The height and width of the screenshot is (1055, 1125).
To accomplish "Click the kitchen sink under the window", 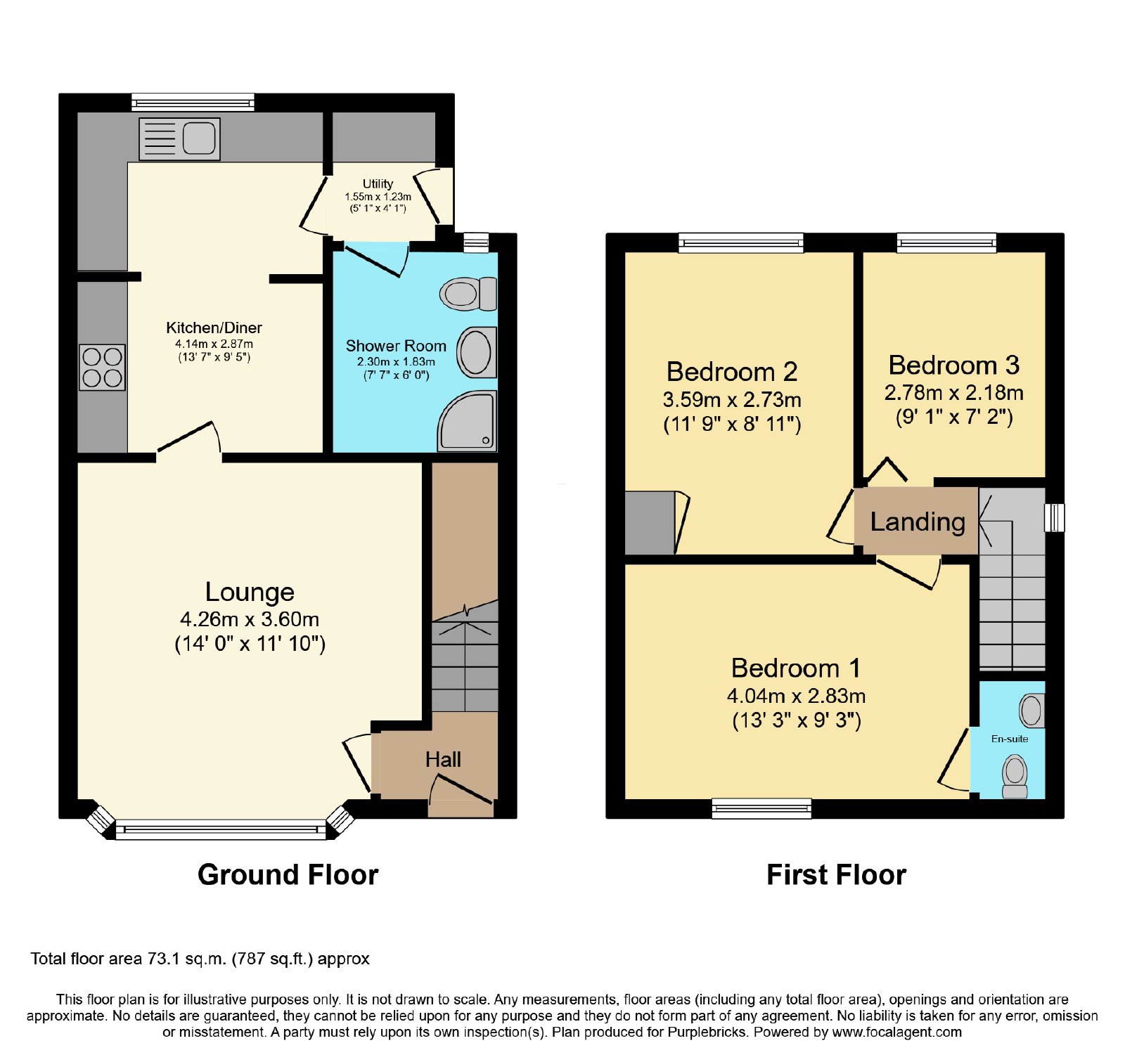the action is tap(179, 138).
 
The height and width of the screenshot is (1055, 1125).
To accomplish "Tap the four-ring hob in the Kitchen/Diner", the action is tap(102, 368).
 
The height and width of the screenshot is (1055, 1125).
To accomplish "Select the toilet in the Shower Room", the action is tap(468, 294).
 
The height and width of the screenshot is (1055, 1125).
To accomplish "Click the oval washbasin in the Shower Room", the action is tap(477, 352).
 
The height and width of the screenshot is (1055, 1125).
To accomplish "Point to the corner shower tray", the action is tap(467, 420).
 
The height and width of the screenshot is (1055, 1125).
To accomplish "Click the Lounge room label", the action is tap(250, 593).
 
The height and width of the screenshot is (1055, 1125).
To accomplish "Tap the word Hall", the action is tap(443, 759).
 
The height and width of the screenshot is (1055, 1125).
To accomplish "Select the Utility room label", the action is tap(378, 184).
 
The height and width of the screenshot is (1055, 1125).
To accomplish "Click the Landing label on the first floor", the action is tap(918, 522).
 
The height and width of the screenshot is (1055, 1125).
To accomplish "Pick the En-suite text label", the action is tap(1010, 739).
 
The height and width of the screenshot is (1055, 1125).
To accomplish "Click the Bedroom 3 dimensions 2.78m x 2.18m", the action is tap(953, 392).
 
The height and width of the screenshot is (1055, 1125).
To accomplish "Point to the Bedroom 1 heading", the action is tap(796, 668).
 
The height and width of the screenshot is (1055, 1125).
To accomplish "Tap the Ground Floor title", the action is tap(288, 875).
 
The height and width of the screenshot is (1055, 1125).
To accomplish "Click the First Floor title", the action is tap(836, 875).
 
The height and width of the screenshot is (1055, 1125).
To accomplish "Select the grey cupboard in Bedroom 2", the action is tap(650, 522).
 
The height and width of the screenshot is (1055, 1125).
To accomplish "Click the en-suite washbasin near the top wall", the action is tap(1031, 711).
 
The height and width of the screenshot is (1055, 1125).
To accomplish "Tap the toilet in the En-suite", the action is tap(1015, 776).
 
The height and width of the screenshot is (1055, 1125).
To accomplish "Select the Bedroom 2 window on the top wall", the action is tap(741, 243).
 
